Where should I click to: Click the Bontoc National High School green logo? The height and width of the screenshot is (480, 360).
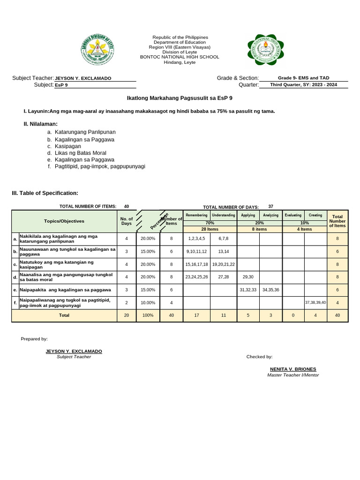pyautogui.click(x=266, y=50)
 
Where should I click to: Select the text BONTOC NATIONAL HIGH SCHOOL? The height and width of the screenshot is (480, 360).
pyautogui.click(x=180, y=57)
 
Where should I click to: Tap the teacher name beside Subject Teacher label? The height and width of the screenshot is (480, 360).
pyautogui.click(x=83, y=78)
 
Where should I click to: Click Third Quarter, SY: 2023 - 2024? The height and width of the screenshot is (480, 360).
pyautogui.click(x=303, y=85)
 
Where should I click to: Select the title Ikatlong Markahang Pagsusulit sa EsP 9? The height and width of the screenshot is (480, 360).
pyautogui.click(x=180, y=98)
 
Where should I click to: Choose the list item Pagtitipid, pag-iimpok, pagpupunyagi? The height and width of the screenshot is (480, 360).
pyautogui.click(x=100, y=166)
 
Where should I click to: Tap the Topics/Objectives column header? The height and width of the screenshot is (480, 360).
pyautogui.click(x=64, y=221)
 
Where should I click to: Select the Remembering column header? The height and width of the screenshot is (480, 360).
pyautogui.click(x=196, y=215)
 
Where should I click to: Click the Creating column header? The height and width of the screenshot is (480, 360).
pyautogui.click(x=315, y=215)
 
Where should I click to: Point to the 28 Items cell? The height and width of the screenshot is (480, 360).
pyautogui.click(x=210, y=229)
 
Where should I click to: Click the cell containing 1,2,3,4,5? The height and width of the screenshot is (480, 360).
pyautogui.click(x=196, y=239)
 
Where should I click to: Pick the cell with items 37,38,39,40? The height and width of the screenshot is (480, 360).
pyautogui.click(x=315, y=302)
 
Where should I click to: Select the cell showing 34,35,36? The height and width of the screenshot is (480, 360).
pyautogui.click(x=270, y=290)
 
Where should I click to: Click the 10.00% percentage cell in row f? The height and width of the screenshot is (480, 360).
pyautogui.click(x=148, y=303)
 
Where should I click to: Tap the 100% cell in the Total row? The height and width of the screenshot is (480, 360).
pyautogui.click(x=148, y=315)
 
